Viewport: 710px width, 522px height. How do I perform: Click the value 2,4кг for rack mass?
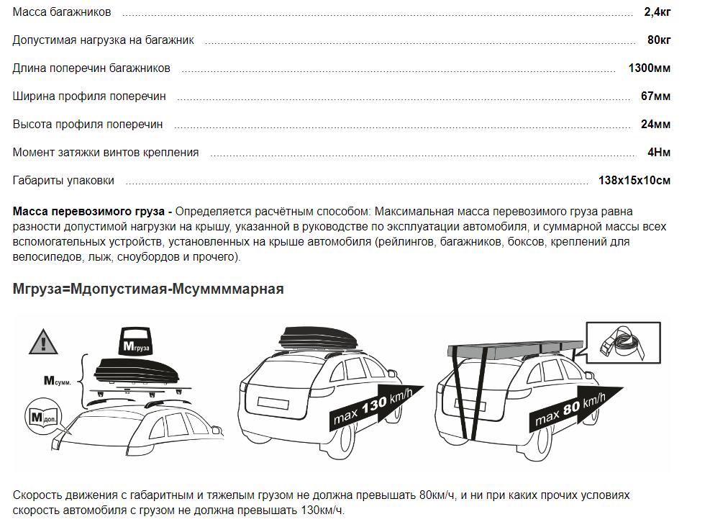pos(657,12)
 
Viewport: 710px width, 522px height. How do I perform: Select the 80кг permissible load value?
pos(659,40)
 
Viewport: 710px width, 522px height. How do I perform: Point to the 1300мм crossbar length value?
pos(650,68)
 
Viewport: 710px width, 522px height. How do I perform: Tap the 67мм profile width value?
pos(655,96)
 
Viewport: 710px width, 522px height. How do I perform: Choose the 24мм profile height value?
pos(655,125)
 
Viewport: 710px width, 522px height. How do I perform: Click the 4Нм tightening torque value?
pos(659,153)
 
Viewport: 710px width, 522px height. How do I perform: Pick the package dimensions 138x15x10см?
pos(634,181)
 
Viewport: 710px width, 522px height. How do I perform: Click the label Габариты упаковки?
pos(63,181)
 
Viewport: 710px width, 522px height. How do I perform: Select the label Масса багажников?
pos(62,12)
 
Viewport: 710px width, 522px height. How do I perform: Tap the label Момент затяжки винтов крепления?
pos(106,153)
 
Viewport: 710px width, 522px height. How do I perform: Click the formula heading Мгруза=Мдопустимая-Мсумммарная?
pos(148,289)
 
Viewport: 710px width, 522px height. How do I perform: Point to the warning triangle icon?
pos(43,342)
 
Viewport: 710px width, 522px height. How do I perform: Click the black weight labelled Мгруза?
pos(136,341)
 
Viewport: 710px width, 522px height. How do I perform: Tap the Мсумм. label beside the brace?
pos(57,381)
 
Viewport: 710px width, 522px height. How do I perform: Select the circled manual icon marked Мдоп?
pos(43,416)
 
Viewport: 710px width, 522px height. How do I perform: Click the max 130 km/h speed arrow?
pos(375,406)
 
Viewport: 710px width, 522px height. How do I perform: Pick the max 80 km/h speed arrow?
pos(575,408)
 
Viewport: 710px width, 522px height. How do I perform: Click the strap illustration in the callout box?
pos(623,343)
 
